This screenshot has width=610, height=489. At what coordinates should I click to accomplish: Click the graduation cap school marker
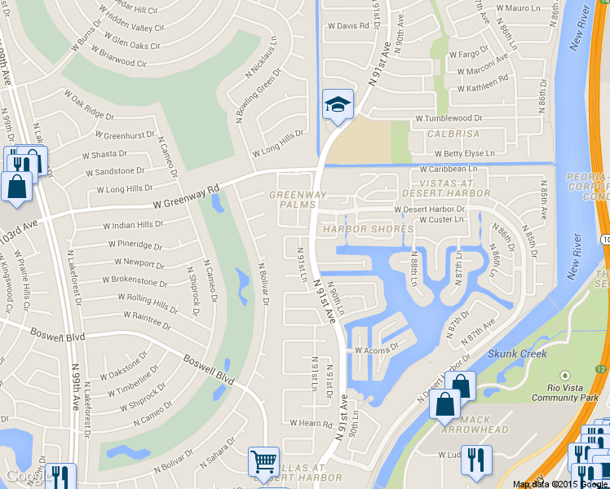point(338,104)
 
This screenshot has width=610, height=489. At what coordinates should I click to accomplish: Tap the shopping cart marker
point(263,462)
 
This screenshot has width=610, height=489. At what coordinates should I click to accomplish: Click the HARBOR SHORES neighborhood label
point(368,229)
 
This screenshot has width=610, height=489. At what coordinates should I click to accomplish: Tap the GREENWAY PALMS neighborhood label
point(298,200)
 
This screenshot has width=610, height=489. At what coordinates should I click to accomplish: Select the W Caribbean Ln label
point(448,169)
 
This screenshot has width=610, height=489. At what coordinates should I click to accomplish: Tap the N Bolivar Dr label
point(263,284)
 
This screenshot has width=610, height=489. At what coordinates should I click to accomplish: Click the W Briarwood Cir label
point(108,57)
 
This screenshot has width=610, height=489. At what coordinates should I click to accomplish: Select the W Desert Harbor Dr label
point(429,209)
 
